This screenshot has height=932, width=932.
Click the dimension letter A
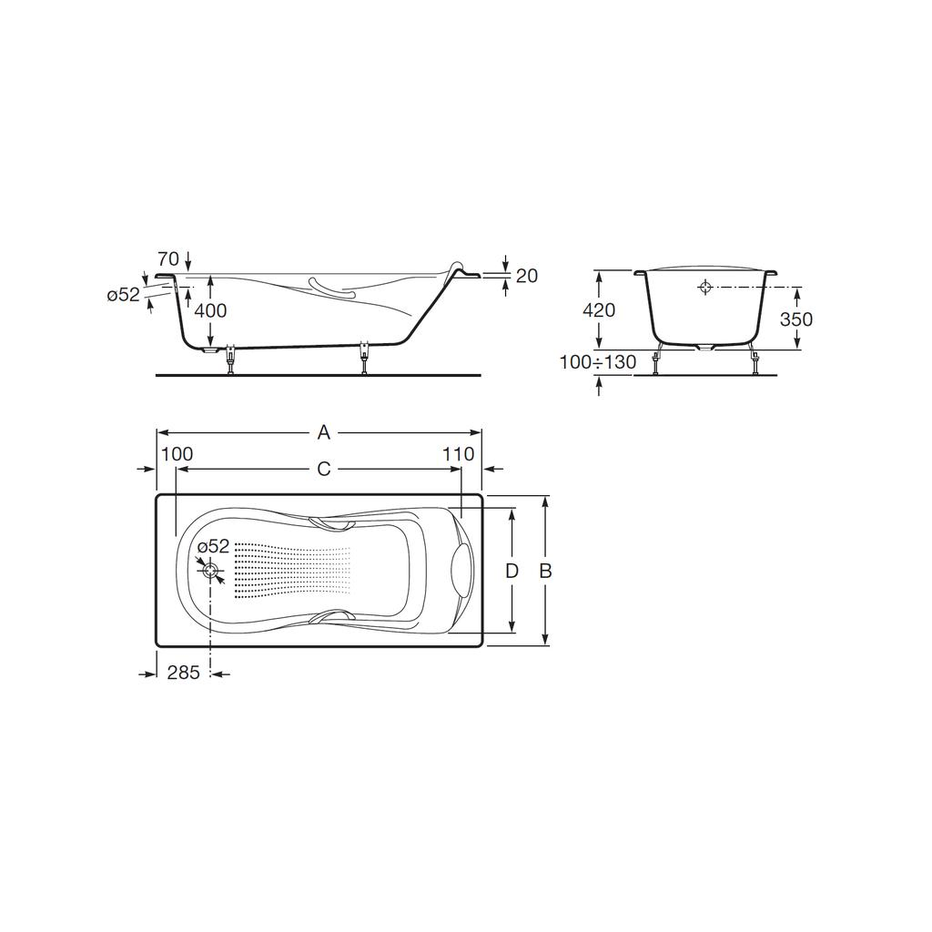pyautogui.click(x=323, y=432)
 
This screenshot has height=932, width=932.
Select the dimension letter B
pyautogui.click(x=545, y=572)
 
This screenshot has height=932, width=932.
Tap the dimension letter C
pyautogui.click(x=323, y=469)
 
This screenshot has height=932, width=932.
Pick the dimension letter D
pyautogui.click(x=512, y=572)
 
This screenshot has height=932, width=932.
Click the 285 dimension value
pyautogui.click(x=183, y=673)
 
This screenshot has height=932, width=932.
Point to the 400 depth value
pyautogui.click(x=210, y=310)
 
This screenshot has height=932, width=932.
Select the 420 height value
pyautogui.click(x=599, y=309)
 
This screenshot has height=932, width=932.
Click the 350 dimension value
pyautogui.click(x=795, y=319)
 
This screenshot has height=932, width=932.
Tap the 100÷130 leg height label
pyautogui.click(x=597, y=361)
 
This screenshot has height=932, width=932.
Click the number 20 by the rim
pyautogui.click(x=527, y=276)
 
